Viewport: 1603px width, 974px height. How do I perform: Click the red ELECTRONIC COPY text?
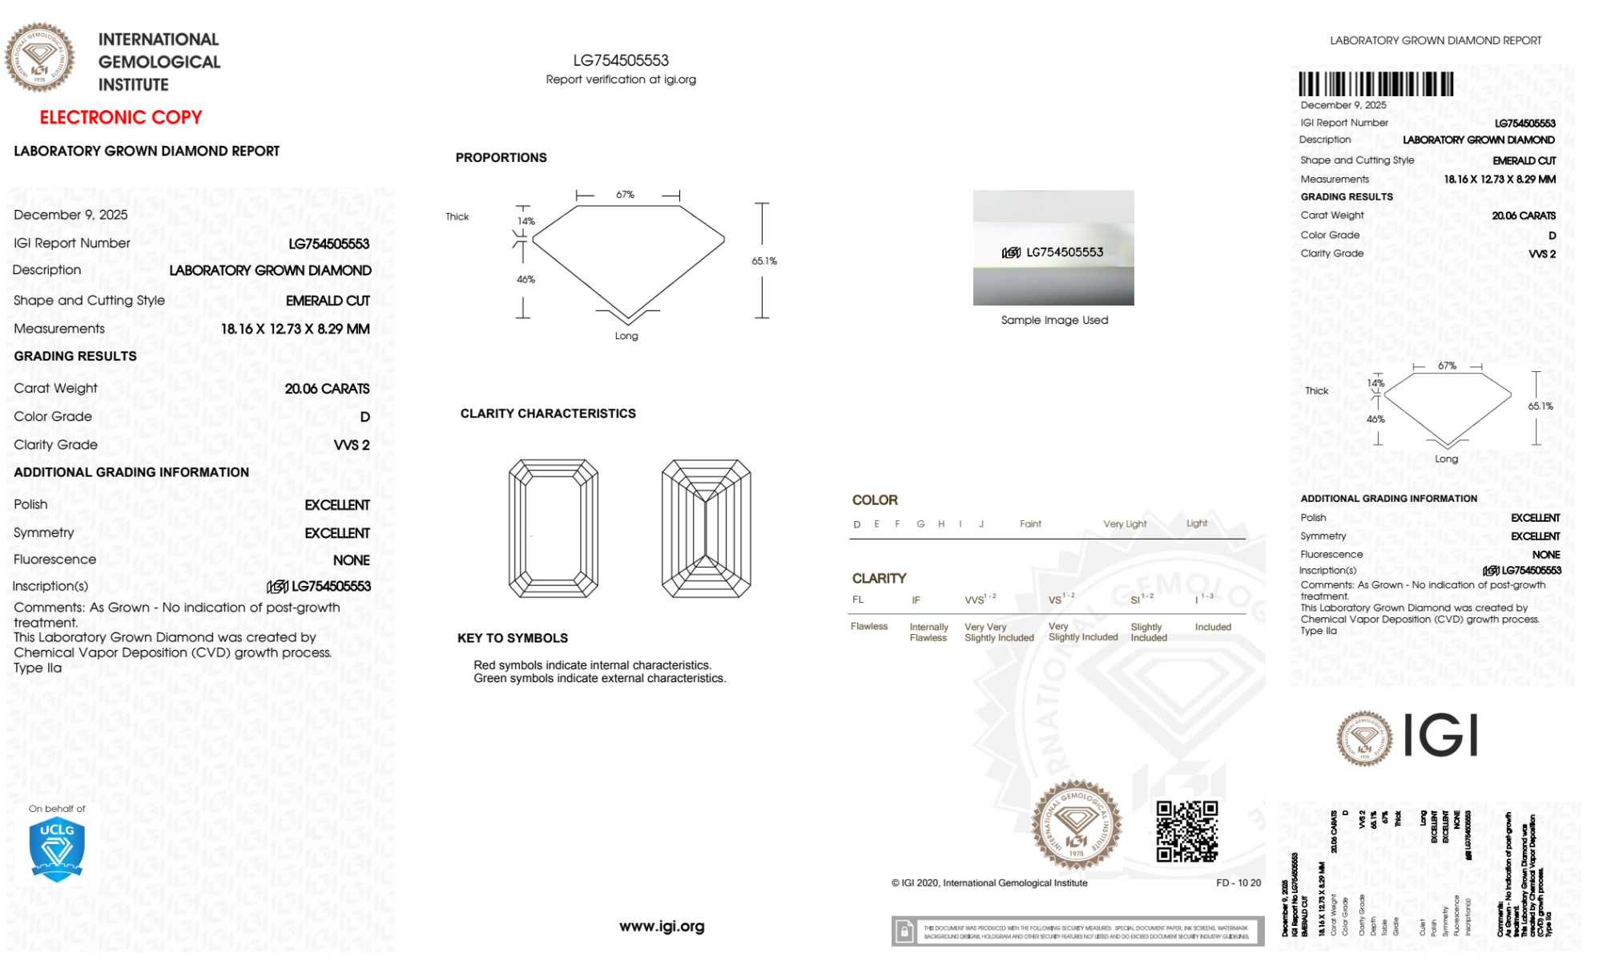tap(121, 118)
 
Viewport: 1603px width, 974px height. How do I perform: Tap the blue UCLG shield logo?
tap(57, 850)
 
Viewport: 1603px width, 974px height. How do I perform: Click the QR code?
tap(1186, 831)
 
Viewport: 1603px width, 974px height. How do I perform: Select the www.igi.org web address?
tap(662, 926)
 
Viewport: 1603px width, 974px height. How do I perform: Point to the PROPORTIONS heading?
tap(501, 158)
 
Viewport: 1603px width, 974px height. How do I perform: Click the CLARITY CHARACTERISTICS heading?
tap(548, 414)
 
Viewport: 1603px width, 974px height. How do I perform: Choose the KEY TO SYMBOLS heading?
tap(513, 638)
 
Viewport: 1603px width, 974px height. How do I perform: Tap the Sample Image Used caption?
tap(1054, 320)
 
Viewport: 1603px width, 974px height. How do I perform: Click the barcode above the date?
tap(1375, 84)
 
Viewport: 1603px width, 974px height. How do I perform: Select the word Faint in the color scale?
tap(1030, 524)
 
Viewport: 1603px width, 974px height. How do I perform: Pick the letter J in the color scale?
tap(981, 524)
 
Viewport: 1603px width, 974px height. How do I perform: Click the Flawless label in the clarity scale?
tap(869, 626)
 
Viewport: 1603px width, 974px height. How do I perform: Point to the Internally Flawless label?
tap(928, 632)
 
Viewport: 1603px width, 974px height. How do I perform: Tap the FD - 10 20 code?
tap(1238, 883)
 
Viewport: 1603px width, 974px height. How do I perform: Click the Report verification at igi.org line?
tap(621, 79)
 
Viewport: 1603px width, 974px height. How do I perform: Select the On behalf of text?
tap(57, 809)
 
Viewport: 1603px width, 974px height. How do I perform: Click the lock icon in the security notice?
tap(904, 932)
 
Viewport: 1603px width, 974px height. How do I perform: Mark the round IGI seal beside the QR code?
tap(1076, 825)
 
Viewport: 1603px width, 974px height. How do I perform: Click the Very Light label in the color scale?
tap(1125, 524)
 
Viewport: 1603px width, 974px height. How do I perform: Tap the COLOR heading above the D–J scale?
tap(875, 500)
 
